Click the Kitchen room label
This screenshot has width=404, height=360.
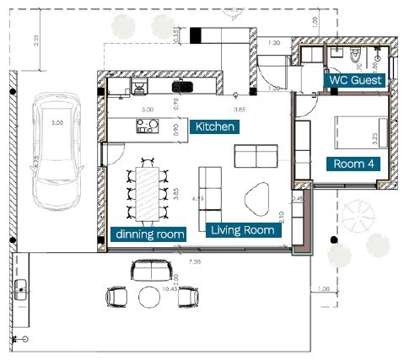coord(215,126)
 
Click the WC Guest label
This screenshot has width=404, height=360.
coord(355,80)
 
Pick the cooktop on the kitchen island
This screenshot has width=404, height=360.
coord(148,126)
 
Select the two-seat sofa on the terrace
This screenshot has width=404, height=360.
coord(150,271)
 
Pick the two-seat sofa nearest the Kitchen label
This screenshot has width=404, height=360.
coord(255,157)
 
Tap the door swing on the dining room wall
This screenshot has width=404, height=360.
coord(105,153)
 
